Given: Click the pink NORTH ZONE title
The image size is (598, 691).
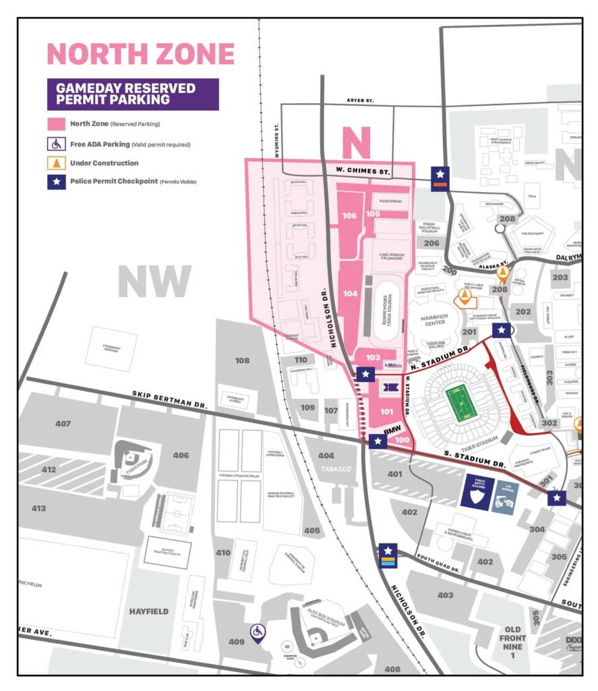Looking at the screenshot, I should (140, 54).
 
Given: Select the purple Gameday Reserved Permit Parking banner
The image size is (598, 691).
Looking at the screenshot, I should (133, 94).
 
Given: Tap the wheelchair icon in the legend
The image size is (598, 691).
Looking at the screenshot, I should (56, 144).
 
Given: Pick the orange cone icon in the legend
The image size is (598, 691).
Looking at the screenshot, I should (56, 163).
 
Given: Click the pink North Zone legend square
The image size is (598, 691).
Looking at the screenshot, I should (56, 124).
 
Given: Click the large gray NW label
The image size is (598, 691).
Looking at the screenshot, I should (154, 281).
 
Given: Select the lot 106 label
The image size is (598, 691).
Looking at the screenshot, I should (349, 216).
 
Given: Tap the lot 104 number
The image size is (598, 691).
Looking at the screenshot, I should (350, 294).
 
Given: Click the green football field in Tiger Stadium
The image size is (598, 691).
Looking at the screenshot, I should (458, 403).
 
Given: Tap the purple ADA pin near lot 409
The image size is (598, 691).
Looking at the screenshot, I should (258, 632).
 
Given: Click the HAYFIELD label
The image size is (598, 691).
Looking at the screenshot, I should (148, 611).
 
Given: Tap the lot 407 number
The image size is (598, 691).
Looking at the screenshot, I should (63, 424).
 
